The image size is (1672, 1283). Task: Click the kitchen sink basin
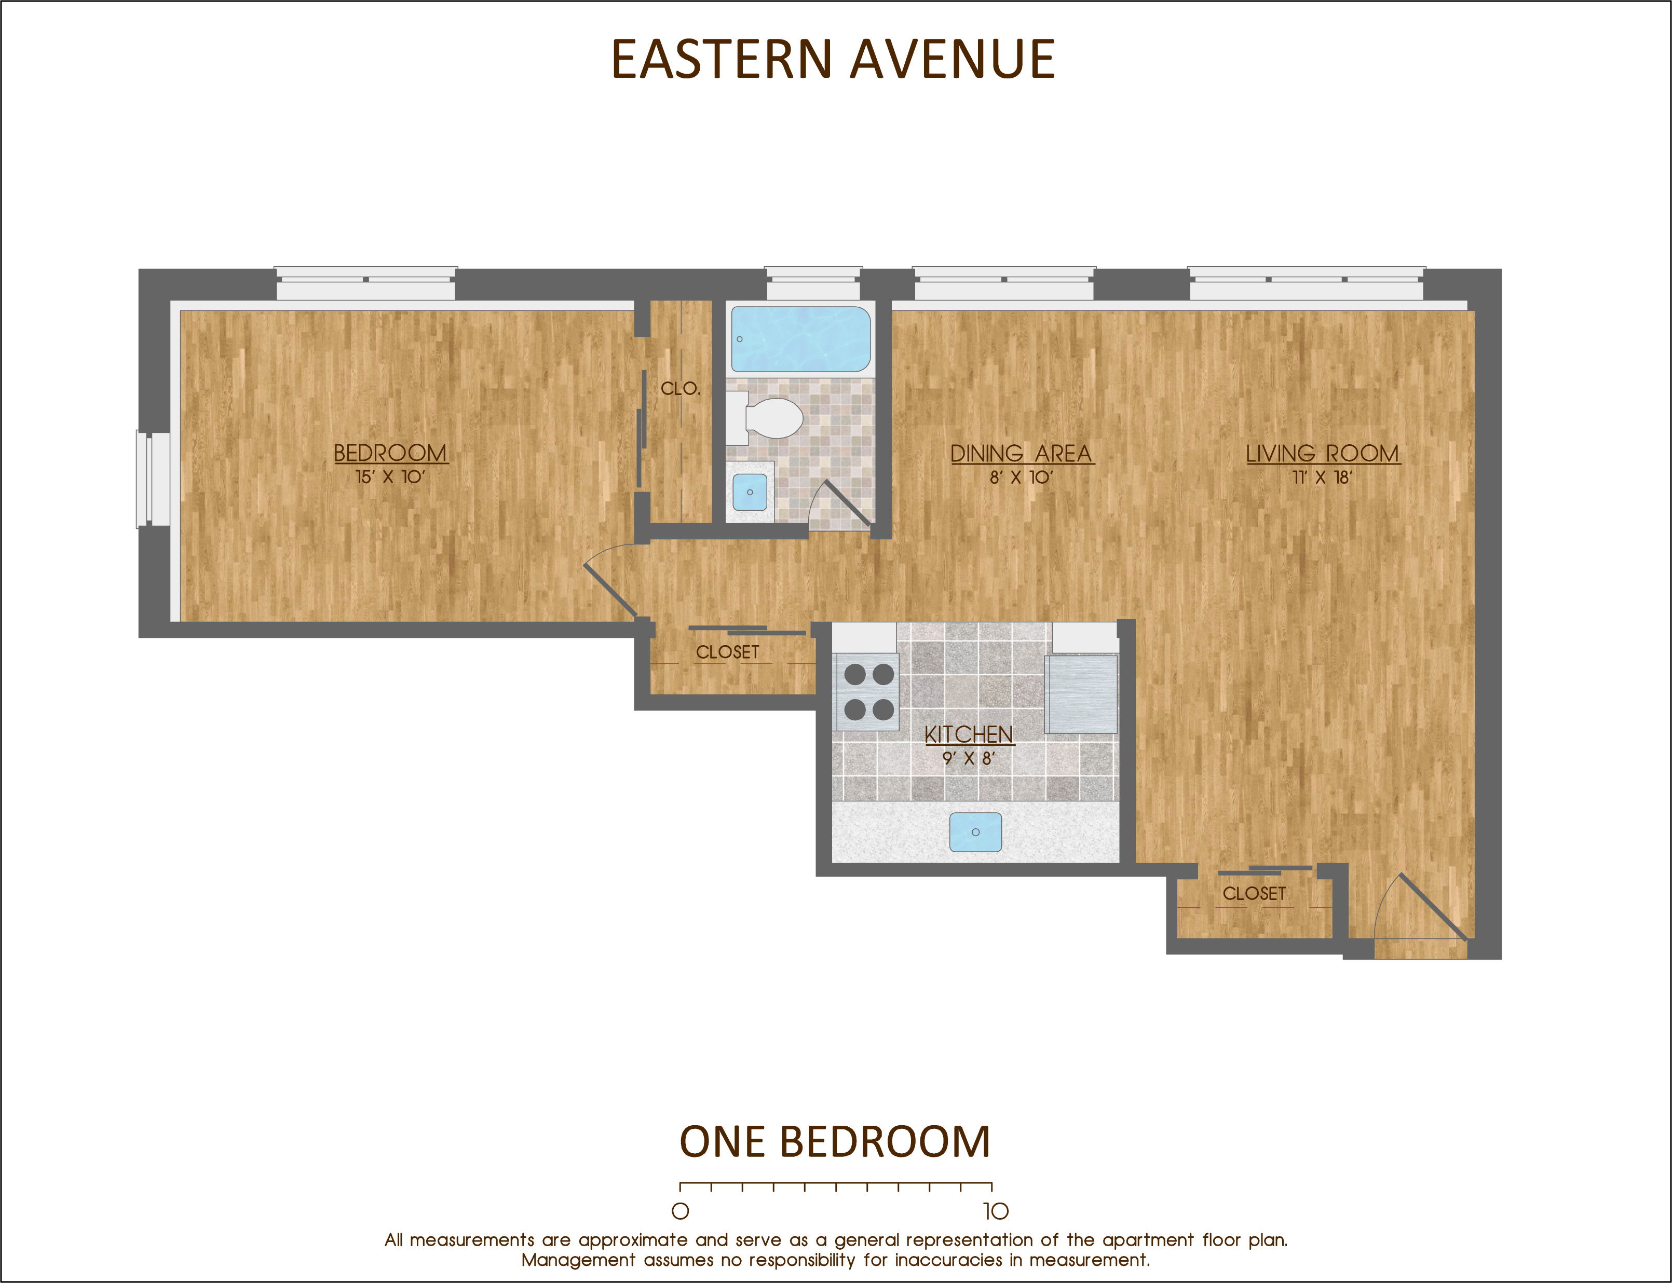coord(975,831)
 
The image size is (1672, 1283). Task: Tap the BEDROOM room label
coord(390,453)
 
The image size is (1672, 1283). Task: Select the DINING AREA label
coord(1021,453)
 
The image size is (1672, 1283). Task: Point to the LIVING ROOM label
coord(1322,453)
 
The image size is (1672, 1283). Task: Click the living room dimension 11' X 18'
coord(1322,477)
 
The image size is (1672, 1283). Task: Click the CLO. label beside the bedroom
coord(681,388)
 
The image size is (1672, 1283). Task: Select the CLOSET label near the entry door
coord(1254,894)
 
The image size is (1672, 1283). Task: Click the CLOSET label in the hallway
coord(728,652)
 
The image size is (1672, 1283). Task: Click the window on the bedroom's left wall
coord(153,479)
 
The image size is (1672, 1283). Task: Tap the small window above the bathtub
coord(813,283)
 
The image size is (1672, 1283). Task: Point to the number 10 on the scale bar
coord(995,1211)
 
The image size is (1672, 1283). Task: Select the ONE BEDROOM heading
coord(835,1142)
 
